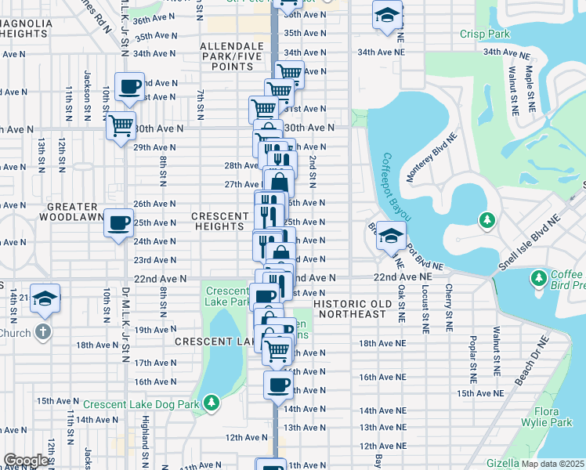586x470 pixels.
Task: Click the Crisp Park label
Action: (x=484, y=34)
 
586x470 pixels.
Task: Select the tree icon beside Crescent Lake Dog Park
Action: (x=211, y=403)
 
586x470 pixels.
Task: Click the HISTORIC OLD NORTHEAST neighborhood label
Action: (x=349, y=308)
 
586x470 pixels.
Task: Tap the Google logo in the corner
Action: (x=26, y=461)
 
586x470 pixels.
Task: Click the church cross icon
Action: (x=43, y=332)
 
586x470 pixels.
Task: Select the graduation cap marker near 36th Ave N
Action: (x=386, y=16)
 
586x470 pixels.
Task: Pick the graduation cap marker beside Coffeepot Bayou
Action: (x=389, y=234)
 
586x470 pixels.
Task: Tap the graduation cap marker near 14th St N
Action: (x=46, y=299)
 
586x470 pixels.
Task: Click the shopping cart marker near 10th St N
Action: (x=120, y=125)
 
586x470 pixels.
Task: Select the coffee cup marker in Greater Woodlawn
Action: (x=119, y=223)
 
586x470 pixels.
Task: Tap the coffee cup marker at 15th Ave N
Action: (x=278, y=385)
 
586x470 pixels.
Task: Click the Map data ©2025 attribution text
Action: (x=553, y=463)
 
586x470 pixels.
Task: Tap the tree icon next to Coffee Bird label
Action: (x=538, y=278)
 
